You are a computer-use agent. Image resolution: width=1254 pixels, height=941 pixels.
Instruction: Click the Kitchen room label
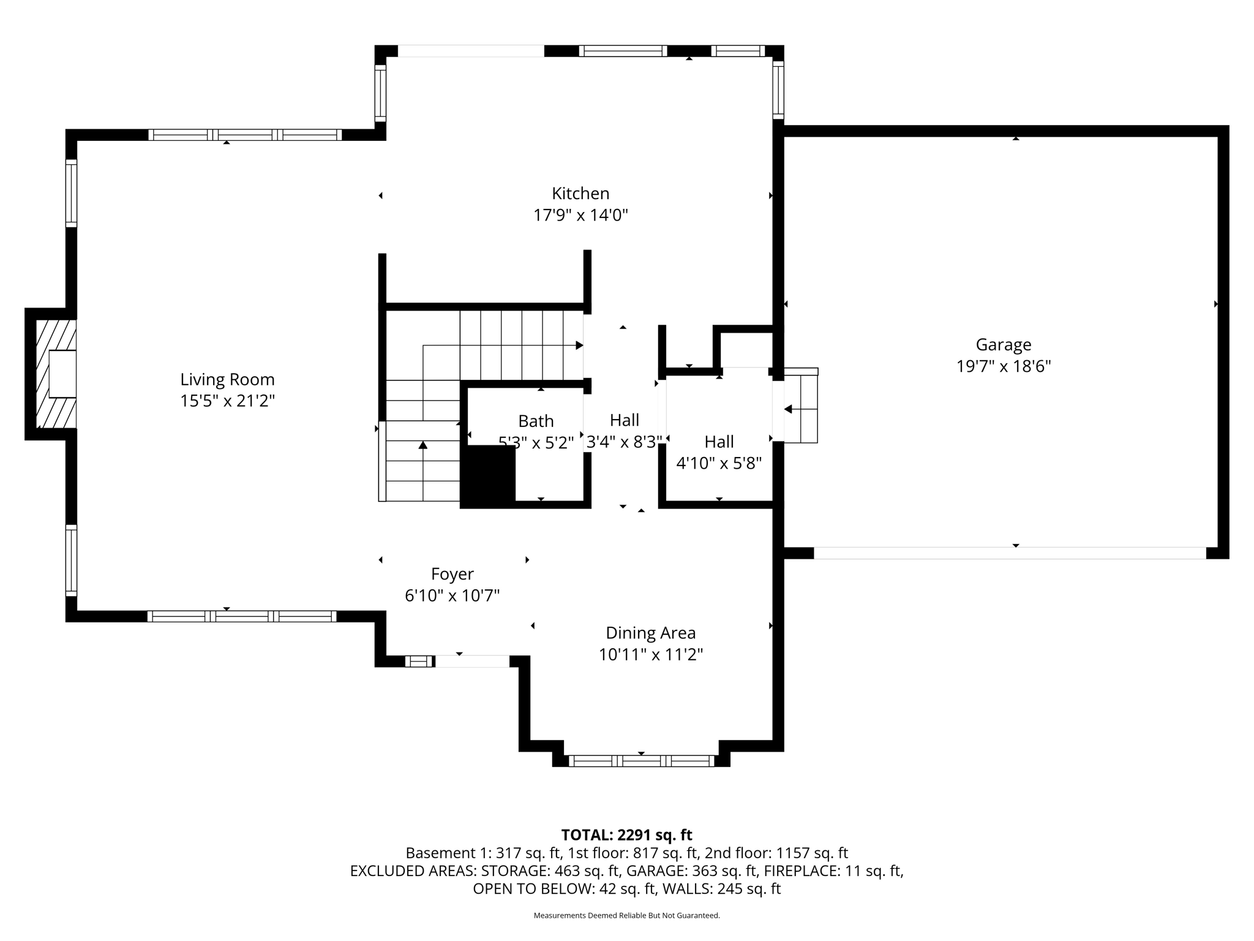[x=580, y=194]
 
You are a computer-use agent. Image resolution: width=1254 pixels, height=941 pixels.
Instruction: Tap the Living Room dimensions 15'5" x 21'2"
[x=227, y=401]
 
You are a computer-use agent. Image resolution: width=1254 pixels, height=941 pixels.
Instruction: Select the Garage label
[x=1003, y=345]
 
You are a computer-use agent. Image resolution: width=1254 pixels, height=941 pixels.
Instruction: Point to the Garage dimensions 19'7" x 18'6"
[x=1003, y=366]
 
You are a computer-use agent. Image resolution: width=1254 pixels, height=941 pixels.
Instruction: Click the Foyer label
[x=452, y=574]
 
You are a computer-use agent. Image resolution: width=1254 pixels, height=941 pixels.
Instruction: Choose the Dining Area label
[x=650, y=633]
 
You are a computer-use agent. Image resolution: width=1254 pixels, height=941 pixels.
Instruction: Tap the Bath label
[x=536, y=421]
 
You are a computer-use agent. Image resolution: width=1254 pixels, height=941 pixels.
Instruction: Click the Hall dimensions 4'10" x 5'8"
[x=718, y=463]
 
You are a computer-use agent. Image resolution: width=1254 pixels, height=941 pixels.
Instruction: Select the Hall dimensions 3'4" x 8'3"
[x=624, y=442]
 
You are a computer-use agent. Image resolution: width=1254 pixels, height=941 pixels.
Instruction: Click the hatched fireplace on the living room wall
[x=56, y=374]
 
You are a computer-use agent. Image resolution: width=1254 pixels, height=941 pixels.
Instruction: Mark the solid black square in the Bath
[x=488, y=475]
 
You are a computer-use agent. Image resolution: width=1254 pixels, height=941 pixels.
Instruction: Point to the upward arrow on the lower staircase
[x=422, y=445]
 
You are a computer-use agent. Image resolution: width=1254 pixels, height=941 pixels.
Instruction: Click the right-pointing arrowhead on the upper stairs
[x=579, y=346]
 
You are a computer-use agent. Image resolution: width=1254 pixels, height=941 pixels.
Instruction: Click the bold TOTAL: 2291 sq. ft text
[x=626, y=835]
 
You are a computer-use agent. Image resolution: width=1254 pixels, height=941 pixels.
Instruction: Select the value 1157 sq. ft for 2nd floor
[x=812, y=853]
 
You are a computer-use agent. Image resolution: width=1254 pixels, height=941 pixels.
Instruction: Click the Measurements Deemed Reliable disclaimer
[x=626, y=915]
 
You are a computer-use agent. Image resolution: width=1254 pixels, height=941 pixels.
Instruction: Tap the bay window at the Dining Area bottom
[x=641, y=761]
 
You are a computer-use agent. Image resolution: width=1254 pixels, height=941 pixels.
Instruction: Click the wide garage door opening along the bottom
[x=1009, y=553]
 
